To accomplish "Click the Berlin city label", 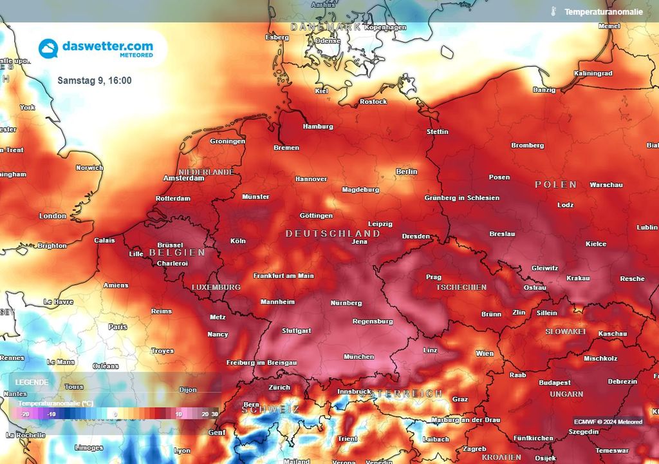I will pos(406,171).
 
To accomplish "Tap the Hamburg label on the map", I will pos(318,126).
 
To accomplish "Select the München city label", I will pos(358,356).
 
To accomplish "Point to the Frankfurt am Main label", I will pos(283,276).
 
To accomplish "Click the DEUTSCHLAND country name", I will pos(333,233).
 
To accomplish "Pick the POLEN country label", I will pos(556,184).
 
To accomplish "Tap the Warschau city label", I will pos(606,185).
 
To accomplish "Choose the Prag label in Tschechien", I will pos(434,277).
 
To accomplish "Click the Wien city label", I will pos(485,353).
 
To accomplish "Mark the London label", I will pos(53,216).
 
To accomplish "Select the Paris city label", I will pos(118,327).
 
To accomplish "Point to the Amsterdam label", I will pos(184,178).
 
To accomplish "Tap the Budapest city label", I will pos(555,382).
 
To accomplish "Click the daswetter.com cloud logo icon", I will pos(48,48).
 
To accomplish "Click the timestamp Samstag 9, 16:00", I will pos(95,81).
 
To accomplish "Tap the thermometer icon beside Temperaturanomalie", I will pos(552,12).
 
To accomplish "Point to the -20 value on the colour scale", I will pos(24,414).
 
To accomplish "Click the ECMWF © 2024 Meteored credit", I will pos(608,421).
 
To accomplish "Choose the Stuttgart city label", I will pos(297,331).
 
